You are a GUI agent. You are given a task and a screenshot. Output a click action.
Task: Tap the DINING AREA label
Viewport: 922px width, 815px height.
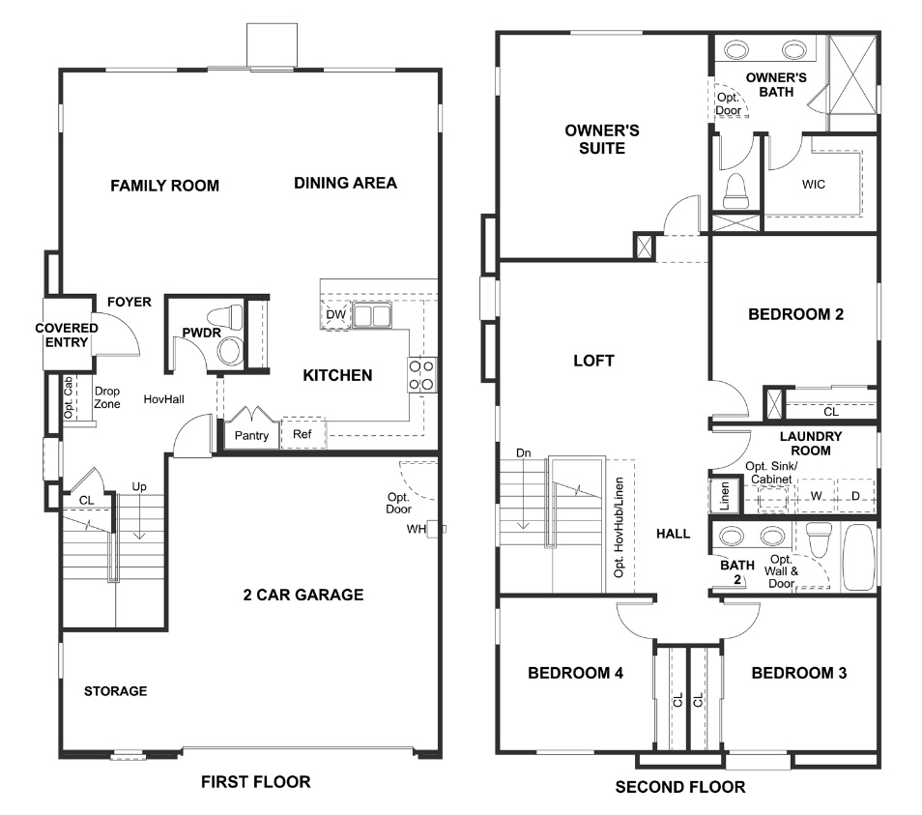tap(345, 183)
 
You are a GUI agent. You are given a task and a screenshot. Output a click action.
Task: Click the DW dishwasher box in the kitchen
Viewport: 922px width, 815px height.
tap(335, 315)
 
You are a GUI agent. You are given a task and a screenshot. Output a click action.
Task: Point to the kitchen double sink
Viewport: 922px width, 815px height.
tap(370, 315)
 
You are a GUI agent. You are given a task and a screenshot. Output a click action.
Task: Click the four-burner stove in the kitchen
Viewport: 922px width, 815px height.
tap(422, 375)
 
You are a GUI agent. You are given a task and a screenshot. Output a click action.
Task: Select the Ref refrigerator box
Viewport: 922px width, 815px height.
tap(303, 435)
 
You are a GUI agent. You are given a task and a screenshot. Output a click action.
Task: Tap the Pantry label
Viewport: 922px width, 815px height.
tap(251, 435)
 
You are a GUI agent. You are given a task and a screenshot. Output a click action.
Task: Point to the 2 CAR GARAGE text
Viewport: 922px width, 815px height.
tap(303, 595)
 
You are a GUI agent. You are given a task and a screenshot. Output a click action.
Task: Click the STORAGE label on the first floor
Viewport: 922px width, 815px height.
tap(115, 691)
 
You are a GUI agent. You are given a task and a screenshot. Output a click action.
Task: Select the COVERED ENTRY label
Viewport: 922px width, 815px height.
tap(67, 335)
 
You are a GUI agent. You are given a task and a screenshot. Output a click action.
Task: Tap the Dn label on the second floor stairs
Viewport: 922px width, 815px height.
tap(523, 453)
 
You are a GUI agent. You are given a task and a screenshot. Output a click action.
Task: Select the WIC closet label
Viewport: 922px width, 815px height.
tap(814, 185)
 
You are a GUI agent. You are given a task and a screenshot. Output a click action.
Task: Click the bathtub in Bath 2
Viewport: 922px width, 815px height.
tap(857, 557)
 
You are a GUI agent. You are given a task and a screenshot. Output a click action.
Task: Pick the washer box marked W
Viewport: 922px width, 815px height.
tap(816, 496)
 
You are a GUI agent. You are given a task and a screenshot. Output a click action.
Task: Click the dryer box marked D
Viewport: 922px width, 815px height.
tap(855, 496)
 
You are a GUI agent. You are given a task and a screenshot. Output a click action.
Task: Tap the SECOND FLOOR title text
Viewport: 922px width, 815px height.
tap(680, 787)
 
